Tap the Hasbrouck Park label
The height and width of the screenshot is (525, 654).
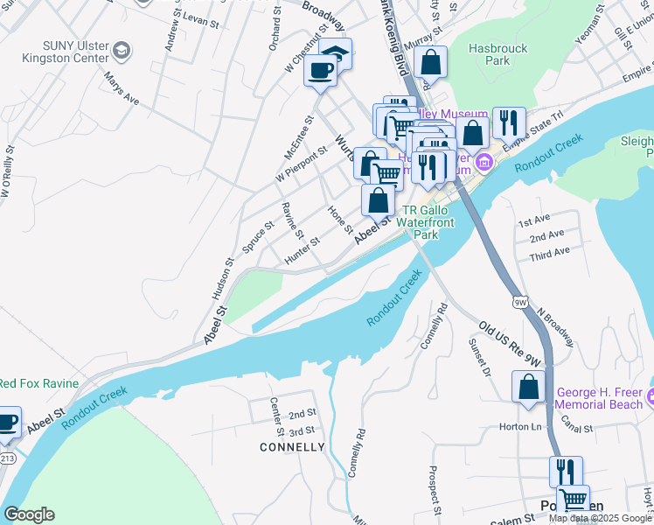(x=497, y=55)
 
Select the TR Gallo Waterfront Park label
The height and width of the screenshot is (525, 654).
(x=425, y=223)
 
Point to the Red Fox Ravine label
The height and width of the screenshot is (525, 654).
(x=39, y=383)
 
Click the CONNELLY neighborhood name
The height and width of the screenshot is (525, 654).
(x=292, y=447)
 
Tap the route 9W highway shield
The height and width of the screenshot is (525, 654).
(x=521, y=303)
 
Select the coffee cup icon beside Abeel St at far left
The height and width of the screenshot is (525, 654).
(x=7, y=422)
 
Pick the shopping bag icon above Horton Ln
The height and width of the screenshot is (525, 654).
(x=529, y=388)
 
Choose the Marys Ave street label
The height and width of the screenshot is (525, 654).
(x=122, y=88)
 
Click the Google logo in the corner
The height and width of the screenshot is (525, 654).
(x=29, y=514)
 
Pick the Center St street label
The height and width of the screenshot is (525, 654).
(x=276, y=417)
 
